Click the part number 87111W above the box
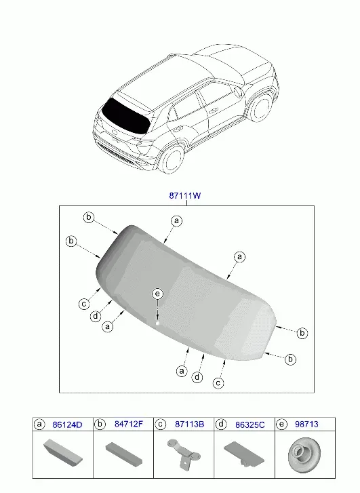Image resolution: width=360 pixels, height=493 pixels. [x=185, y=195]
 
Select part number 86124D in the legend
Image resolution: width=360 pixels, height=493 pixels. [x=67, y=425]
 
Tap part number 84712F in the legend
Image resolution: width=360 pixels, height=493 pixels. [x=129, y=424]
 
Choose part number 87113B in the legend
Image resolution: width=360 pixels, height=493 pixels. [x=189, y=425]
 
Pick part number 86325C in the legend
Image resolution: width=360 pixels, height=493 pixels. [x=250, y=425]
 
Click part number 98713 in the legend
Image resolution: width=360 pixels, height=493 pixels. [x=306, y=424]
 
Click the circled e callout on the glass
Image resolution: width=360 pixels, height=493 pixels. [x=157, y=294]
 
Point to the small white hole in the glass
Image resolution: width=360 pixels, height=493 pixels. [x=157, y=323]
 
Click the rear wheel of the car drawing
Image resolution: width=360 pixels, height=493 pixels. [x=172, y=160]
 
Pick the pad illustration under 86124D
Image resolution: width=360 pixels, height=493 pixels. [x=62, y=453]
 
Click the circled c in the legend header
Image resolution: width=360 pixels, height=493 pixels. [x=161, y=425]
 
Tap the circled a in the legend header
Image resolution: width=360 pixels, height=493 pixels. [x=39, y=425]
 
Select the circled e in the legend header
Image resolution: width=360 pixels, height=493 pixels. [x=281, y=425]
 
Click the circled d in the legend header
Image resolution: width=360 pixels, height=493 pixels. [x=221, y=425]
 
